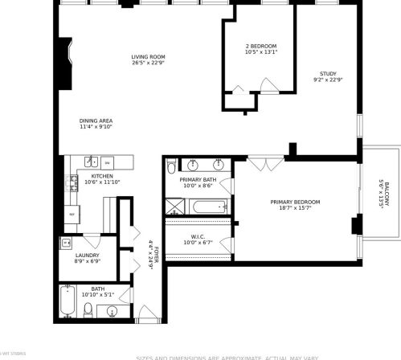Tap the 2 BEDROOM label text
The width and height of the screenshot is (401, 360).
pos(261,47)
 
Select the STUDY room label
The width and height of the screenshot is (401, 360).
pos(327,74)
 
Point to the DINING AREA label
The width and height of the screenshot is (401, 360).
pos(96,121)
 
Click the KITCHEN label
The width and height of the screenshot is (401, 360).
pos(101,176)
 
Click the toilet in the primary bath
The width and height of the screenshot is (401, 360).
pos(170,168)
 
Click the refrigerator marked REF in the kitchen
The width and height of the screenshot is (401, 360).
pos(72,215)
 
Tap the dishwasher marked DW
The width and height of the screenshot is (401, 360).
pos(106,163)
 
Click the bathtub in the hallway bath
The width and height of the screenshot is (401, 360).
pos(68,303)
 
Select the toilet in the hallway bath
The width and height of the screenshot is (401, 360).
pos(88,308)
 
